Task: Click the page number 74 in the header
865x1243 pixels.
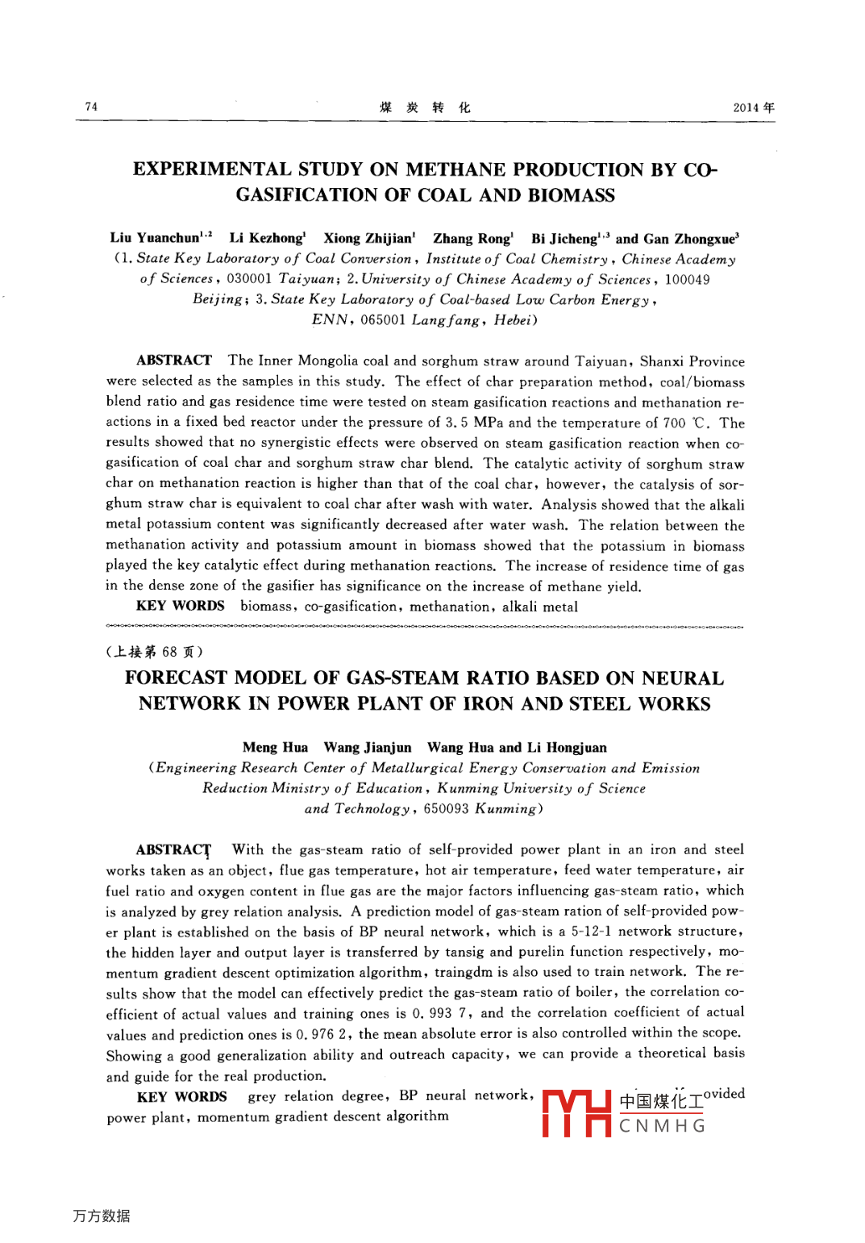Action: pos(91,106)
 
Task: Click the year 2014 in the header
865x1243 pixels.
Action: pos(746,107)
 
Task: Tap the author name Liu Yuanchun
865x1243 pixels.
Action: pos(155,238)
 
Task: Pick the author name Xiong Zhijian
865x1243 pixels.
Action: pos(368,238)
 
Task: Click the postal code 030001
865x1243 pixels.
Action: pos(248,279)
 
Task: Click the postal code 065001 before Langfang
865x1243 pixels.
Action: pos(382,320)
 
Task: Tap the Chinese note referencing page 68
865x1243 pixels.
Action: pos(155,652)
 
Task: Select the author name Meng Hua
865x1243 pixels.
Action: pos(275,748)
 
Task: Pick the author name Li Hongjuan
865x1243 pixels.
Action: pos(567,748)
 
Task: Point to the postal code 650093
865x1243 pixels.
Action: pos(446,809)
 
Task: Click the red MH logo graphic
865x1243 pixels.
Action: pos(576,1112)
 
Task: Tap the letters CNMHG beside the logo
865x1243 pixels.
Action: pos(662,1126)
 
